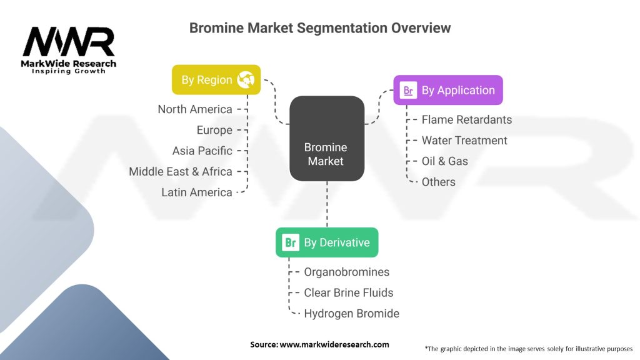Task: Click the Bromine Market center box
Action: point(327,139)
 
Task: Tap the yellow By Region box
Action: point(216,80)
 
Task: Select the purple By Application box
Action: point(447,90)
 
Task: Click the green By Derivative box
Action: point(327,242)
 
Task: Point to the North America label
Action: point(195,109)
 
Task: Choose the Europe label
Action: point(214,130)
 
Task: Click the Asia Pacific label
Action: point(202,151)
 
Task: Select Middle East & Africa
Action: point(181,171)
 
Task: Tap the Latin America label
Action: point(197,192)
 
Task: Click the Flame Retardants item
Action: point(466,119)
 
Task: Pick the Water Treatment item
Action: point(464,141)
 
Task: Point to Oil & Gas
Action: point(445,161)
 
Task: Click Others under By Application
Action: point(439,182)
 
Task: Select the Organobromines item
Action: point(346,272)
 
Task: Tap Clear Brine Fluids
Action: point(349,292)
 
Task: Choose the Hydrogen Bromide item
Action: point(351,313)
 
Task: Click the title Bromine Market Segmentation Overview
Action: point(319,28)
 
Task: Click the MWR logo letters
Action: point(69,42)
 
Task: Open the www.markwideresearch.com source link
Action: point(334,344)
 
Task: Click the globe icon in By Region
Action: point(246,80)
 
